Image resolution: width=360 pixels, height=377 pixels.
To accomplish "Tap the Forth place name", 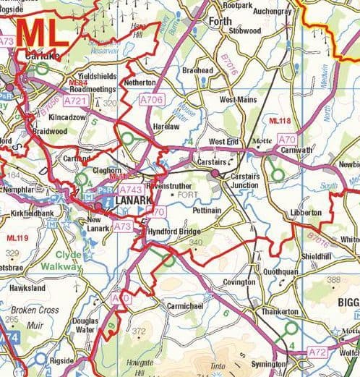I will (220, 21).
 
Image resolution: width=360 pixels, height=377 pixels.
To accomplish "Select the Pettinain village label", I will (208, 209).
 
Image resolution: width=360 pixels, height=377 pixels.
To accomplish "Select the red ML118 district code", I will (280, 119).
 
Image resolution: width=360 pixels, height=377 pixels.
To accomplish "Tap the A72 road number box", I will (317, 352).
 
